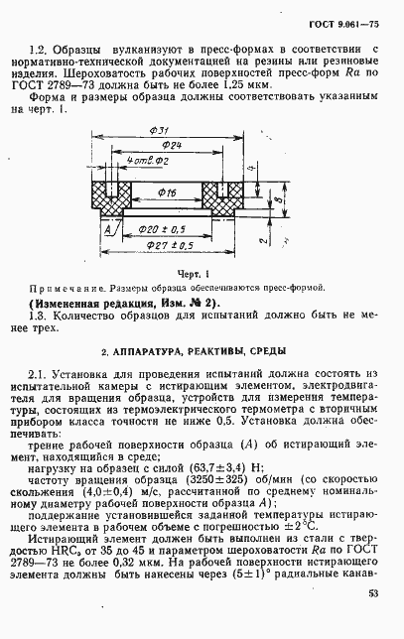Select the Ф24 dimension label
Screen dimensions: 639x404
click(171, 147)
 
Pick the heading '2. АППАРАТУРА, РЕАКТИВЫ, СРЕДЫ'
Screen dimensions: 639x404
click(192, 353)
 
